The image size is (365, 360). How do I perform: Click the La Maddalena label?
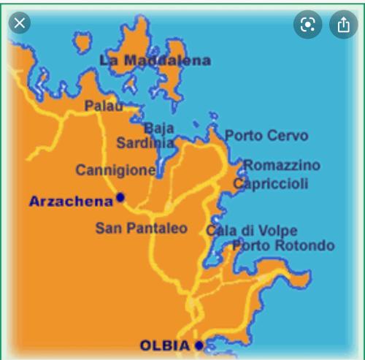[x=155, y=61]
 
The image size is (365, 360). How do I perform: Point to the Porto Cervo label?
[x=266, y=135]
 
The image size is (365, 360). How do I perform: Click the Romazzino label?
[x=282, y=166]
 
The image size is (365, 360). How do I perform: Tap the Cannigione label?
[x=115, y=170]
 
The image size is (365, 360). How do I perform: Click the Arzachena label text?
[x=71, y=201]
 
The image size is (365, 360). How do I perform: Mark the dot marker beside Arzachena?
[x=120, y=197]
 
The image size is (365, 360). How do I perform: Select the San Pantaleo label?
[x=141, y=228]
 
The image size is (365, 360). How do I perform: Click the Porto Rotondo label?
[x=283, y=246]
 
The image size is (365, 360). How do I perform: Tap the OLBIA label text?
[x=165, y=345]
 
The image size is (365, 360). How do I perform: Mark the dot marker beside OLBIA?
[x=199, y=345]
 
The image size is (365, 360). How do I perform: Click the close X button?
[x=20, y=23]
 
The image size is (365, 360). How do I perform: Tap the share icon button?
[x=343, y=25]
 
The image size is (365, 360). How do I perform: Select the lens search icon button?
[x=308, y=25]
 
